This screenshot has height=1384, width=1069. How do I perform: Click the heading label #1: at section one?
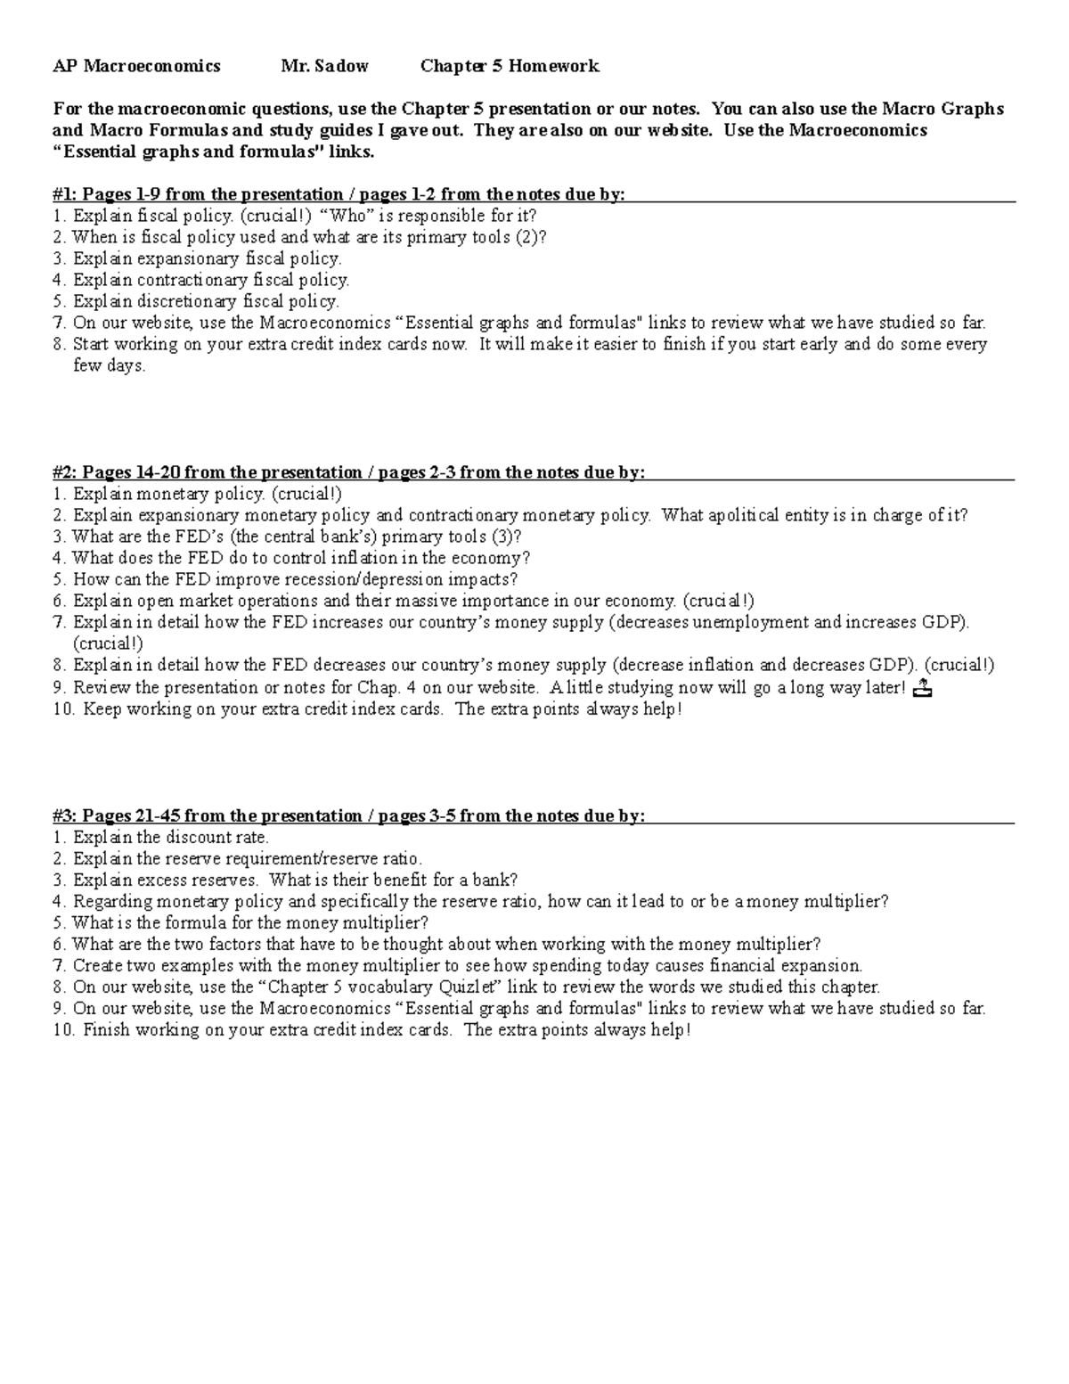click(x=64, y=194)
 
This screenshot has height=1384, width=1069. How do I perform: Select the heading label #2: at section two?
click(x=64, y=472)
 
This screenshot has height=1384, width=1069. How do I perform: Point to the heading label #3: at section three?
click(x=64, y=815)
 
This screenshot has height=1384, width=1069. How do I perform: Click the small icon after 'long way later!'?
click(x=922, y=687)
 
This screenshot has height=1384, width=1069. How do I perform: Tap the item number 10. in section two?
click(x=63, y=709)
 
